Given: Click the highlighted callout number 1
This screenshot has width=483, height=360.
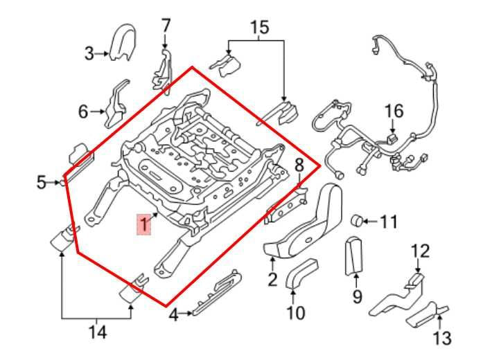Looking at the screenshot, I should pos(143,224).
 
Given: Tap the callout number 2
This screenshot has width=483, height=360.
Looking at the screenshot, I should pos(272,280).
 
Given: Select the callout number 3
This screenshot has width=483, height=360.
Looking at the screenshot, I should pos(89,53).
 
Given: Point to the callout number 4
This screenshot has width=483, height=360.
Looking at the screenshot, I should pos(173,315).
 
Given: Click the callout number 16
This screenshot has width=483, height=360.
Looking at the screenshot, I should pos(393,111).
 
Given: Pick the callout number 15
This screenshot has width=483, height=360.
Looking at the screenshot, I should pos(258,28).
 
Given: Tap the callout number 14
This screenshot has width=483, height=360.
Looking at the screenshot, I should pos(98,333).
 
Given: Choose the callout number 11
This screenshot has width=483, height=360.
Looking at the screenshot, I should pos(389,222).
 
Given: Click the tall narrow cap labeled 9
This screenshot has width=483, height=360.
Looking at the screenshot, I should pos(355,255).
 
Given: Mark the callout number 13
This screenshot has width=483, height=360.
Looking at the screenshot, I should pos(441,338).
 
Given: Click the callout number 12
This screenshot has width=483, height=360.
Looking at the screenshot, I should pos(420,251).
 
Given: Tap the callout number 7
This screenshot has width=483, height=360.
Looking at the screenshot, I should pos(166,26).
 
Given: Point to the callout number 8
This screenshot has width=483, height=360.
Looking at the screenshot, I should pos(299,165).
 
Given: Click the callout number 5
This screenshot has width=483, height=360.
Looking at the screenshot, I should pos(41,183).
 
